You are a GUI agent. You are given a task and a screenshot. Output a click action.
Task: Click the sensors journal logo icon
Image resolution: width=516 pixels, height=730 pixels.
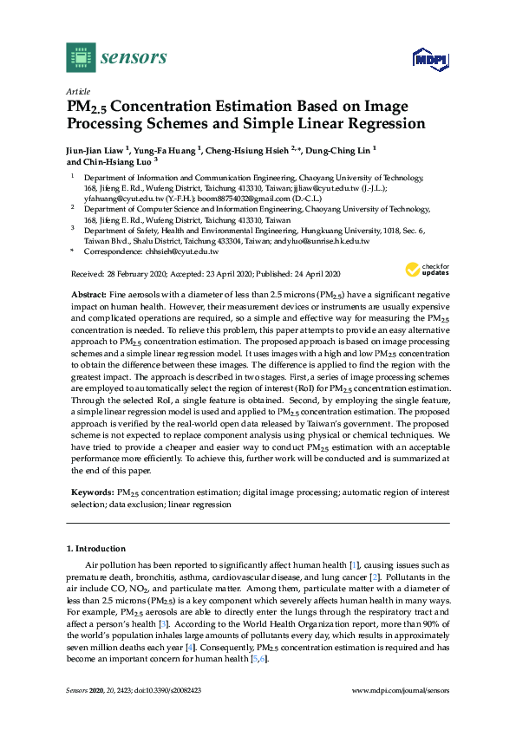click(81, 57)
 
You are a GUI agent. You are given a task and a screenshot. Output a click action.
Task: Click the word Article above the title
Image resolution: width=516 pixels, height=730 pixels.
click(76, 91)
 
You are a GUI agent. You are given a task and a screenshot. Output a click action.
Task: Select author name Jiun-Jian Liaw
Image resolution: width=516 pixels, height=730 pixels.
click(95, 149)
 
